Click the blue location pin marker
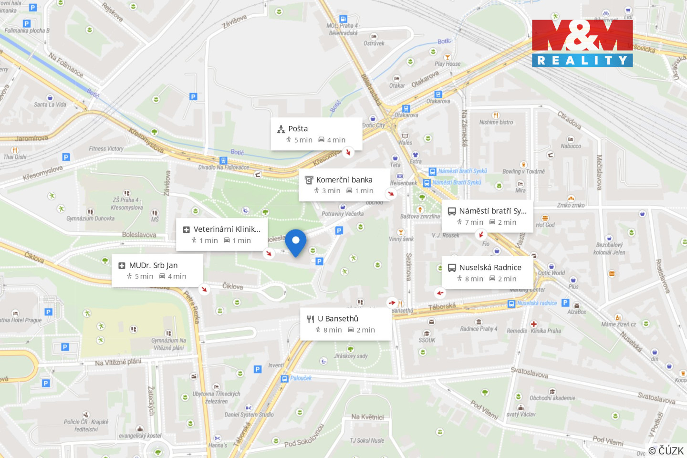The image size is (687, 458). pos(295,241)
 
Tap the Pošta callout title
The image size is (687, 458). pos(298,129)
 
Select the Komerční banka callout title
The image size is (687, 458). pos(344,180)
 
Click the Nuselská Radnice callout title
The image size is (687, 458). pos(490,268)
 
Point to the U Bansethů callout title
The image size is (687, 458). pos(338,319)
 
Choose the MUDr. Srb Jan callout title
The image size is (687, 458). pos(153,266)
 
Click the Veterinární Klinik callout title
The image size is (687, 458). pos(227,229)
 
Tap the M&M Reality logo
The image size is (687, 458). pos(582,43)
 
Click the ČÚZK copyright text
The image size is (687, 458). pos(666,450)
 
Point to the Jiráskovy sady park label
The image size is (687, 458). pos(351,356)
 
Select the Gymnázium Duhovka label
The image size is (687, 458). pos(90,219)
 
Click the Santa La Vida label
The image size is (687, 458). pos(50,104)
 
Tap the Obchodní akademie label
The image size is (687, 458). pos(552,398)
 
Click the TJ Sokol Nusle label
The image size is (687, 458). pos(366,441)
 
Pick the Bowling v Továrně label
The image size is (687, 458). pos(523,172)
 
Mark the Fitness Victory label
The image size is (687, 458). pos(106,149)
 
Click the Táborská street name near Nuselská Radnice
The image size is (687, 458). pos(442,307)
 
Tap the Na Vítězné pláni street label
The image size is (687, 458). pos(118,362)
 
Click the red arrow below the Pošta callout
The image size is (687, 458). pos(348,153)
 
